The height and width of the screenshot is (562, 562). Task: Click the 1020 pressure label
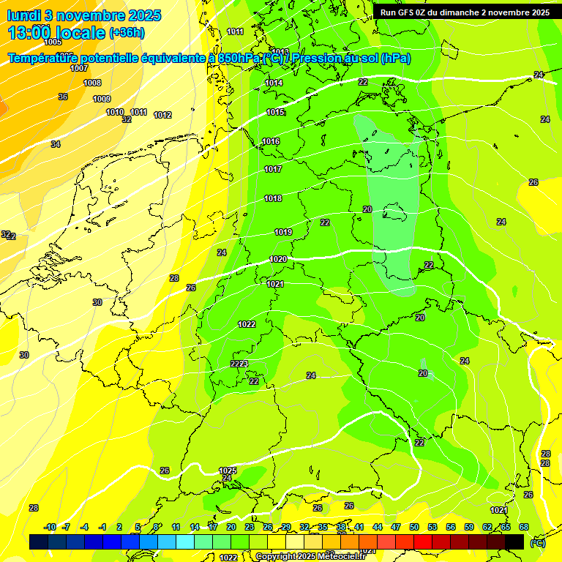tap(278, 259)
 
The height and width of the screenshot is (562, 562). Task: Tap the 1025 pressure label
tap(228, 470)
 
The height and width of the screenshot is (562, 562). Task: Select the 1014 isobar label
tap(274, 83)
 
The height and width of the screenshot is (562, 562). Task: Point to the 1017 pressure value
tap(273, 169)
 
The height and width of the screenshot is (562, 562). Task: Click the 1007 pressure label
tap(79, 68)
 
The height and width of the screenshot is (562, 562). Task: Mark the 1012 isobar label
tap(162, 115)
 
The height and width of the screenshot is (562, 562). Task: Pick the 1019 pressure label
tap(283, 232)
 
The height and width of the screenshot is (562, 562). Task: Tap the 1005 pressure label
tap(53, 42)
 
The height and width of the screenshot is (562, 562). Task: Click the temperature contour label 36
tap(63, 97)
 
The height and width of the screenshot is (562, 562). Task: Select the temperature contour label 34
tap(56, 144)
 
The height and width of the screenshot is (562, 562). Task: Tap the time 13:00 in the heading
tap(29, 32)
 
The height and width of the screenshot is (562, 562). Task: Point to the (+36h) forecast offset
tap(126, 33)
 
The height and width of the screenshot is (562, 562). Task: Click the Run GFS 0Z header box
tap(465, 12)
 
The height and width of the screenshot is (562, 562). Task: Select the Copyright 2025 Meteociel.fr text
tap(307, 556)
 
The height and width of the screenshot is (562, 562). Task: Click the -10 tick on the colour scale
tap(50, 527)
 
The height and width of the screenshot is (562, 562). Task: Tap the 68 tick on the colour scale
tap(524, 527)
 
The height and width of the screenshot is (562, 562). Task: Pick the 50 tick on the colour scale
tap(414, 527)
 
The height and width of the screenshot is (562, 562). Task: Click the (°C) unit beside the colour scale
tap(538, 543)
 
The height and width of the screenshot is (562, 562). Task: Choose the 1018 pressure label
tap(273, 198)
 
